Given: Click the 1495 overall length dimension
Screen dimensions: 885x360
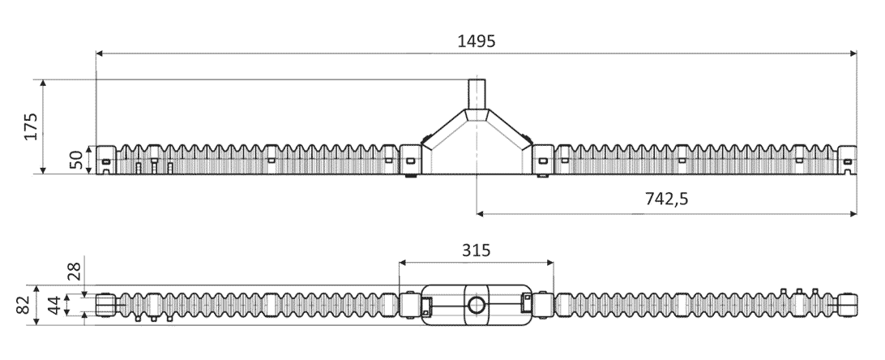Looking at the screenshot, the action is [477, 41].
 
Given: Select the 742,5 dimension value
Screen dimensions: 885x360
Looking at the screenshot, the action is [666, 199].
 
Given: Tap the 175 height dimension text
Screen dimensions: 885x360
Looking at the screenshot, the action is [31, 126].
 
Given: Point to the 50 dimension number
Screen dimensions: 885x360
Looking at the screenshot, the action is [76, 160].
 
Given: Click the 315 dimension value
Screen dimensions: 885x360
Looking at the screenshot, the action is [477, 250].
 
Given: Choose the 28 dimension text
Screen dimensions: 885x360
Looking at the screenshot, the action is [75, 272].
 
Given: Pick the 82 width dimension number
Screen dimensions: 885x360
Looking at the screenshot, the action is [24, 305].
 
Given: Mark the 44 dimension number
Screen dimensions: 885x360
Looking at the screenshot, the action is [53, 305].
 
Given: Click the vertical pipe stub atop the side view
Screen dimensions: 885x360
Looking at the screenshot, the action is [477, 94].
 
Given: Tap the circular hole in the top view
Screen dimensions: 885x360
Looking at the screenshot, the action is [477, 306].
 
